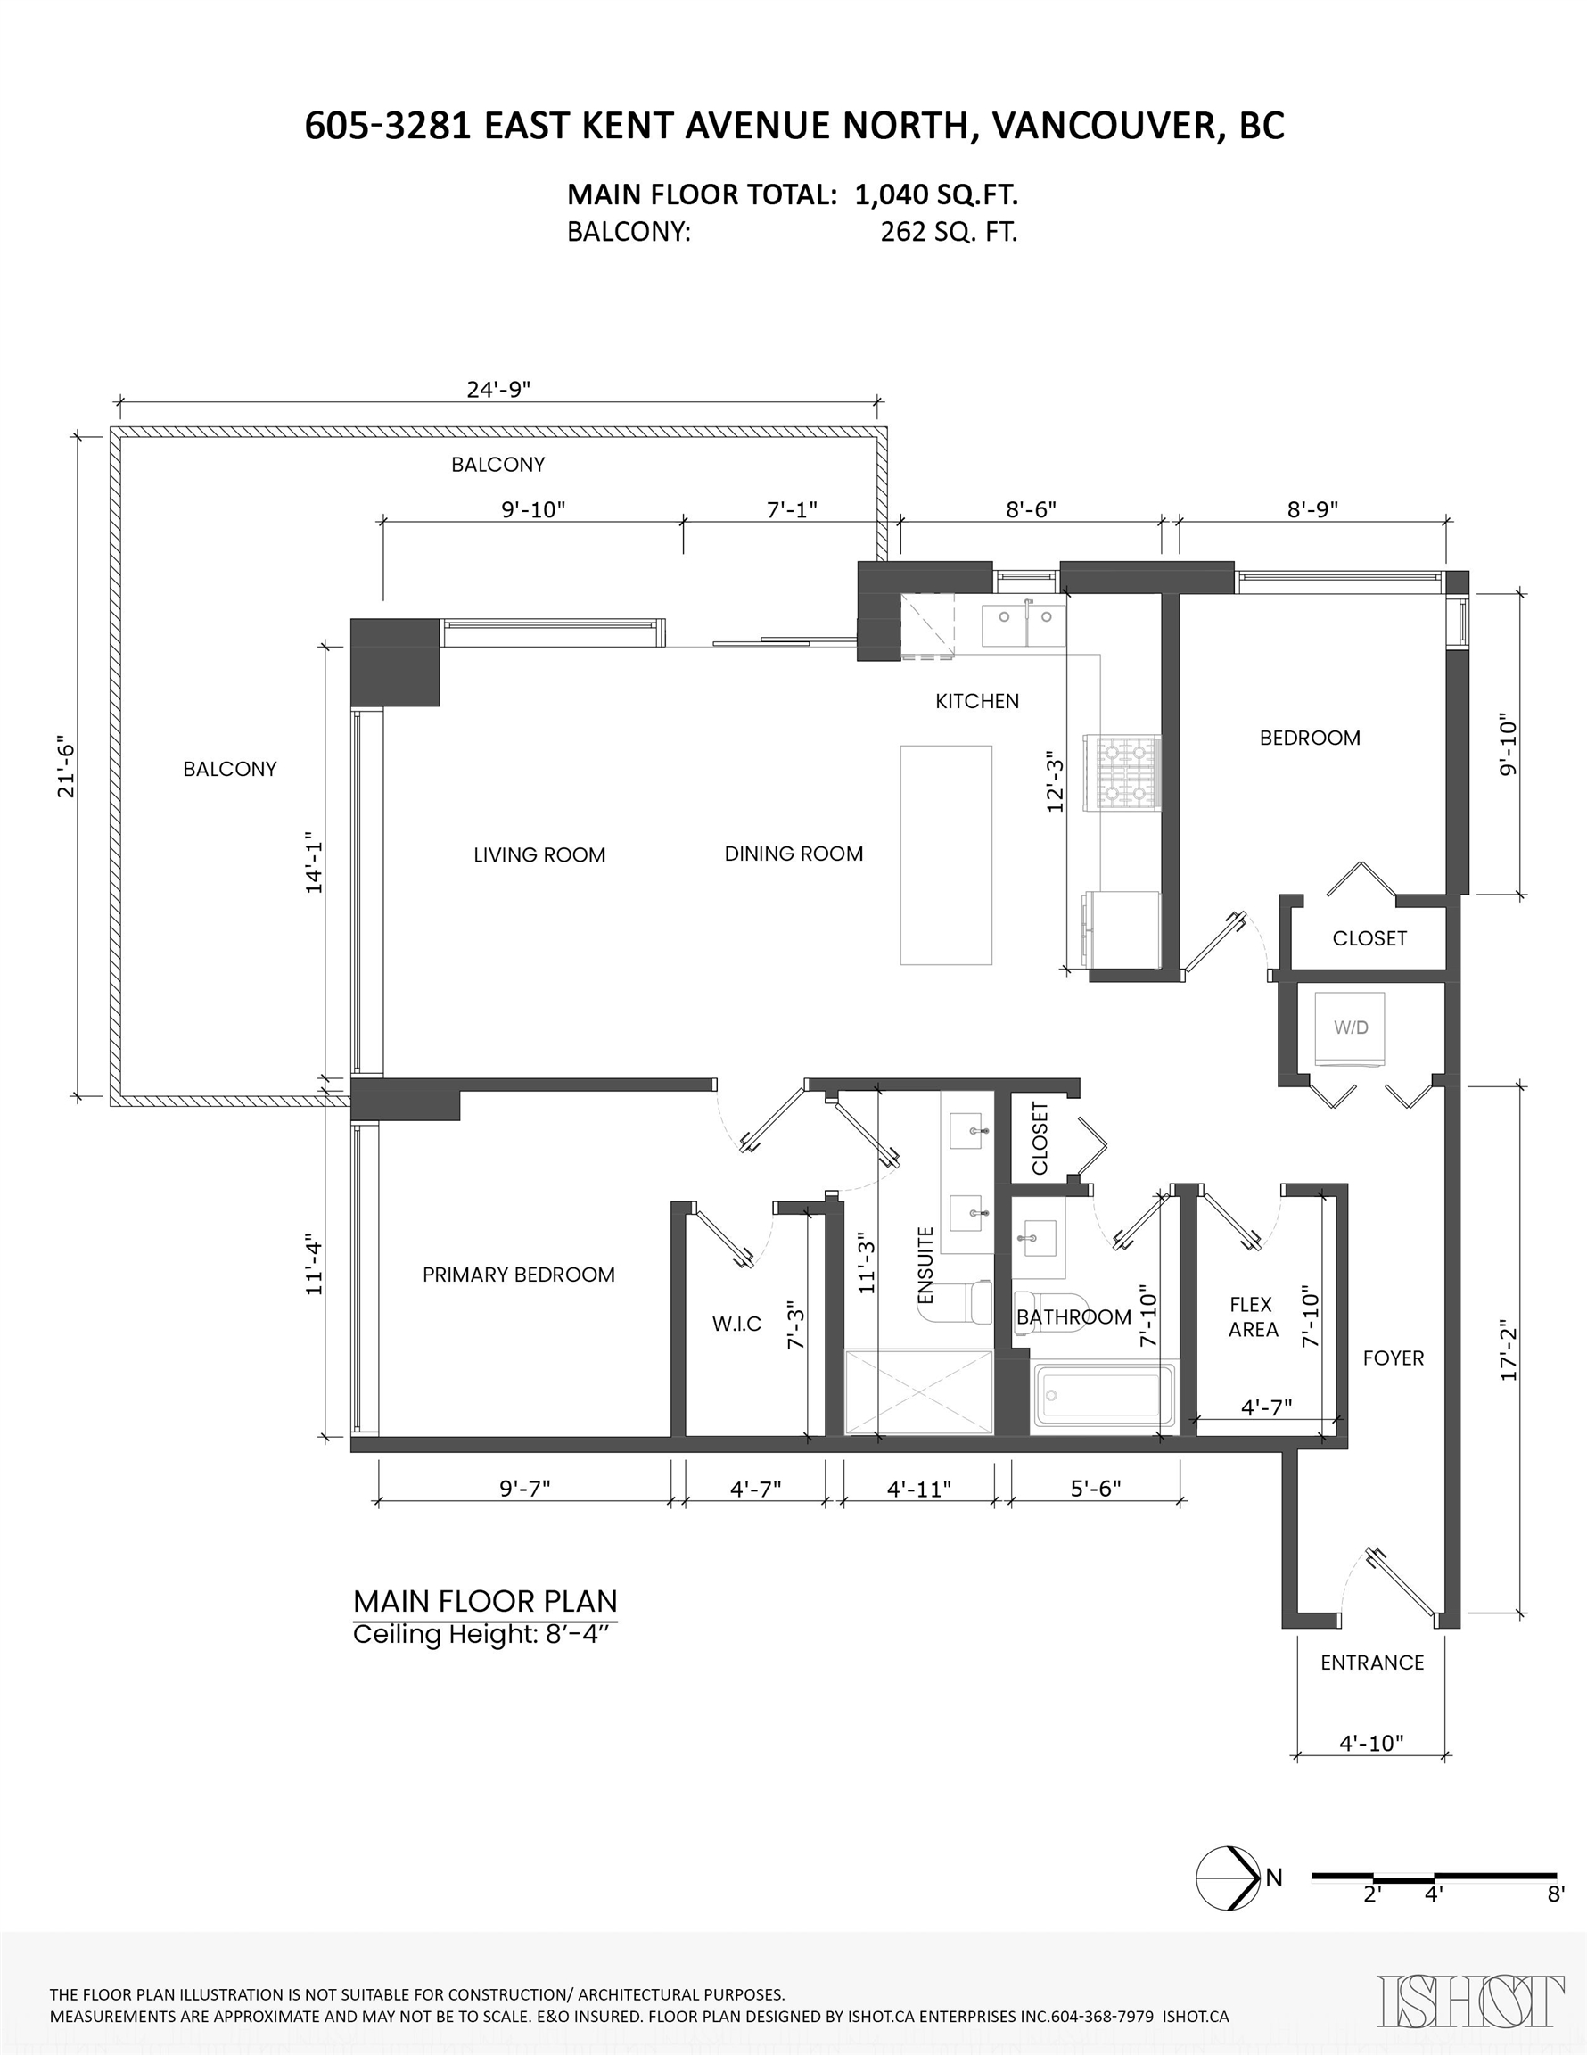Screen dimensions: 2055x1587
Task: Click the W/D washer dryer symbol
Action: coord(1350,1028)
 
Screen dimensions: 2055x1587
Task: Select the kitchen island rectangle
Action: coord(945,854)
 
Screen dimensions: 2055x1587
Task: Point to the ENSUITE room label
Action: coord(925,1266)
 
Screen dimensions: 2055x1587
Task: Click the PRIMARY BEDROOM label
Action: coord(518,1275)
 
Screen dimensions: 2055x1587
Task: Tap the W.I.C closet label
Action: coord(736,1324)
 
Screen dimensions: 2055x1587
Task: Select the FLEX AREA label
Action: coord(1252,1317)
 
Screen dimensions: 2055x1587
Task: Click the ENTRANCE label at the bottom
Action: coord(1371,1663)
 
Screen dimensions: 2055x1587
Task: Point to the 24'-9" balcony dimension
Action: coord(498,389)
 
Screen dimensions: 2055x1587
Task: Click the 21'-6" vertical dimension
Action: coord(66,766)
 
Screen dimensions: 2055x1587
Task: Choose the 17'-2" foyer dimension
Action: coord(1508,1355)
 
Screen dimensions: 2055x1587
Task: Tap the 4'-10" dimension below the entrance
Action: coord(1370,1744)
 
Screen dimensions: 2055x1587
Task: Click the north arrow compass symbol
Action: coord(1228,1878)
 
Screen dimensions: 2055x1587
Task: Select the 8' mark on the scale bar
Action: coord(1556,1894)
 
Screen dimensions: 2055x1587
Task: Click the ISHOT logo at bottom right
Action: coord(1470,2001)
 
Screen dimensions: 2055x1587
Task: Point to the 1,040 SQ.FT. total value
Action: coord(936,194)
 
